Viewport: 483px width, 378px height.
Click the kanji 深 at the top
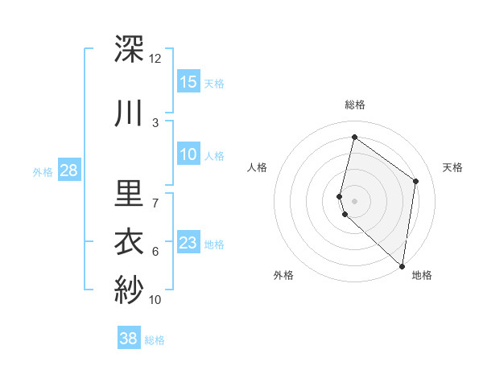(x=130, y=50)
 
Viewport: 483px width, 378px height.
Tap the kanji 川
(x=130, y=113)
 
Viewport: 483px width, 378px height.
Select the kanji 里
(x=130, y=193)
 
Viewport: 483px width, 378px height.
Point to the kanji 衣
(x=130, y=242)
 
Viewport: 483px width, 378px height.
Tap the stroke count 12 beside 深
(x=155, y=59)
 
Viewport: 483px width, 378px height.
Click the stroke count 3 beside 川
(x=155, y=122)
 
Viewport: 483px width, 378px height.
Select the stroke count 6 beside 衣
(x=155, y=252)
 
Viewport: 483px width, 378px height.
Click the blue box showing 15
(x=188, y=81)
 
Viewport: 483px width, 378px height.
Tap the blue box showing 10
(x=188, y=154)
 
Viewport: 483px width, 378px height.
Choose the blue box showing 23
(x=188, y=243)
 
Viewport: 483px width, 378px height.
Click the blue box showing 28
(x=68, y=170)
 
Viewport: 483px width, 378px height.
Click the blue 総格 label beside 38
(x=155, y=340)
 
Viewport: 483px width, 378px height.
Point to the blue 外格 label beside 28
(x=42, y=171)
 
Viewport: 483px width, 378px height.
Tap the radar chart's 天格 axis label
(x=452, y=167)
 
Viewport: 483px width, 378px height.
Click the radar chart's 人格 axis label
(x=257, y=167)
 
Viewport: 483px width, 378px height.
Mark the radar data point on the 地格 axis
(x=402, y=266)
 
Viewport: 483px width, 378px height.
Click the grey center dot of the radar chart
(x=355, y=200)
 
